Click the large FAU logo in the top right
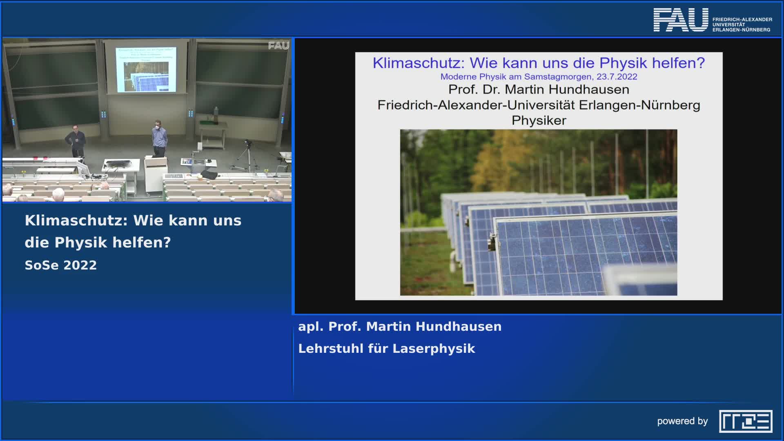tap(681, 20)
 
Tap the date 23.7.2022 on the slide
tap(617, 77)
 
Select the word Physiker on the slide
tap(539, 121)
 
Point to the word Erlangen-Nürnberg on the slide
tap(639, 105)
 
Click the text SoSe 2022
tap(61, 265)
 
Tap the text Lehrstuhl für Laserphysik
tap(386, 349)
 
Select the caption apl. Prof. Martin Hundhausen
tap(399, 327)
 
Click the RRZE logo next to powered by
tap(745, 421)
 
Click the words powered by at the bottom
tap(682, 421)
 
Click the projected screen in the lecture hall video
tap(146, 69)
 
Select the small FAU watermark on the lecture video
tap(278, 46)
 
